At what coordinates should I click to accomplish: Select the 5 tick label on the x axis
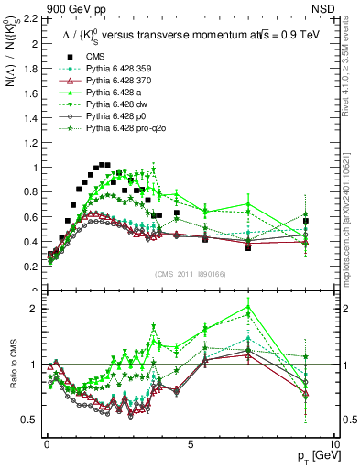(x=190, y=443)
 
